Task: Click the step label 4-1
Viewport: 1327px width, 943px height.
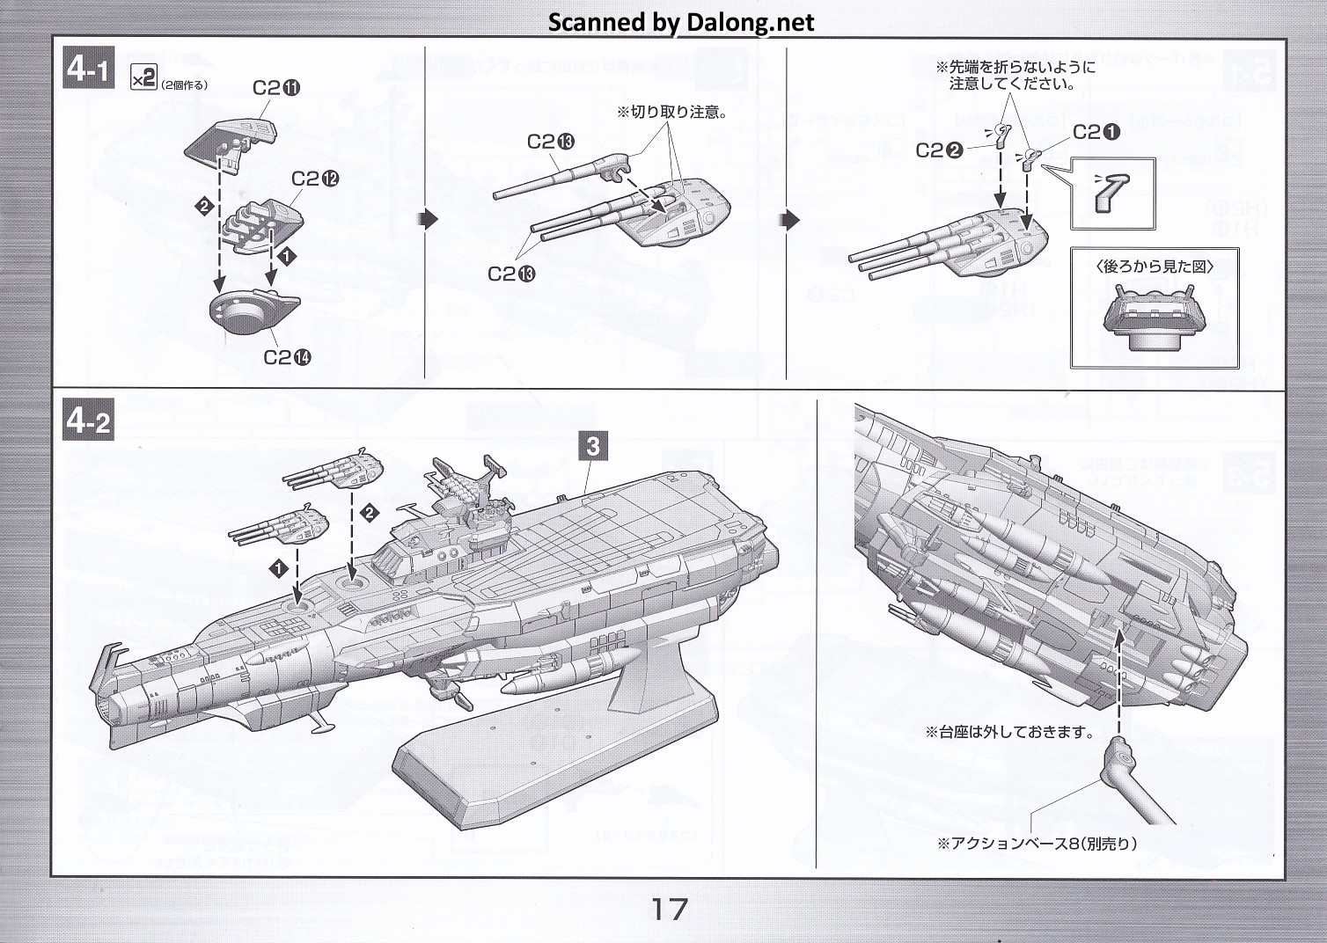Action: [88, 69]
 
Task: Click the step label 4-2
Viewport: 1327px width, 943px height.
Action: [88, 421]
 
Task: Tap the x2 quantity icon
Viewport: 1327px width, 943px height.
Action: [143, 77]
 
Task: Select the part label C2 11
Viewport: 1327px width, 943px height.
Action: [276, 88]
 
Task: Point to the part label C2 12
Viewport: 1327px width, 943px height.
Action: [315, 179]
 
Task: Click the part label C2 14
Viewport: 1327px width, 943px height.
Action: [287, 357]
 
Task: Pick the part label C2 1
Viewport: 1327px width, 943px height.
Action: [1096, 133]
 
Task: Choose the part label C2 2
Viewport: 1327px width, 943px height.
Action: [940, 150]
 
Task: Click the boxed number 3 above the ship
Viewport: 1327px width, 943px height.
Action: [592, 446]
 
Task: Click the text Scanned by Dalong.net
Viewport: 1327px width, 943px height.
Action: [681, 22]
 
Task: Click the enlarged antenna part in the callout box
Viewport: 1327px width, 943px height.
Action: [1112, 194]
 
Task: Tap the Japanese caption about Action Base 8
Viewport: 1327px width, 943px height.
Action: [1037, 844]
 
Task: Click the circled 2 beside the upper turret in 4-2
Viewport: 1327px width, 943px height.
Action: [370, 512]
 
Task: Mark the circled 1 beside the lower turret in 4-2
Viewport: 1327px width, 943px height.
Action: [279, 568]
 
